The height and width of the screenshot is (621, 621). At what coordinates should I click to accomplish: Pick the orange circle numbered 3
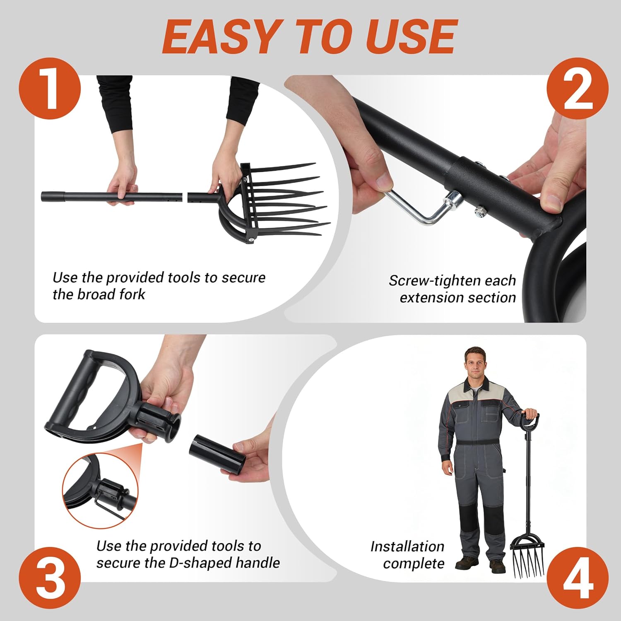pyautogui.click(x=50, y=577)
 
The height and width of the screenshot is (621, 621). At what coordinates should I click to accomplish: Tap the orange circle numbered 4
pyautogui.click(x=577, y=577)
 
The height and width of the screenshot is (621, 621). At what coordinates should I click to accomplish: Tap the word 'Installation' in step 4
pyautogui.click(x=407, y=546)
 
